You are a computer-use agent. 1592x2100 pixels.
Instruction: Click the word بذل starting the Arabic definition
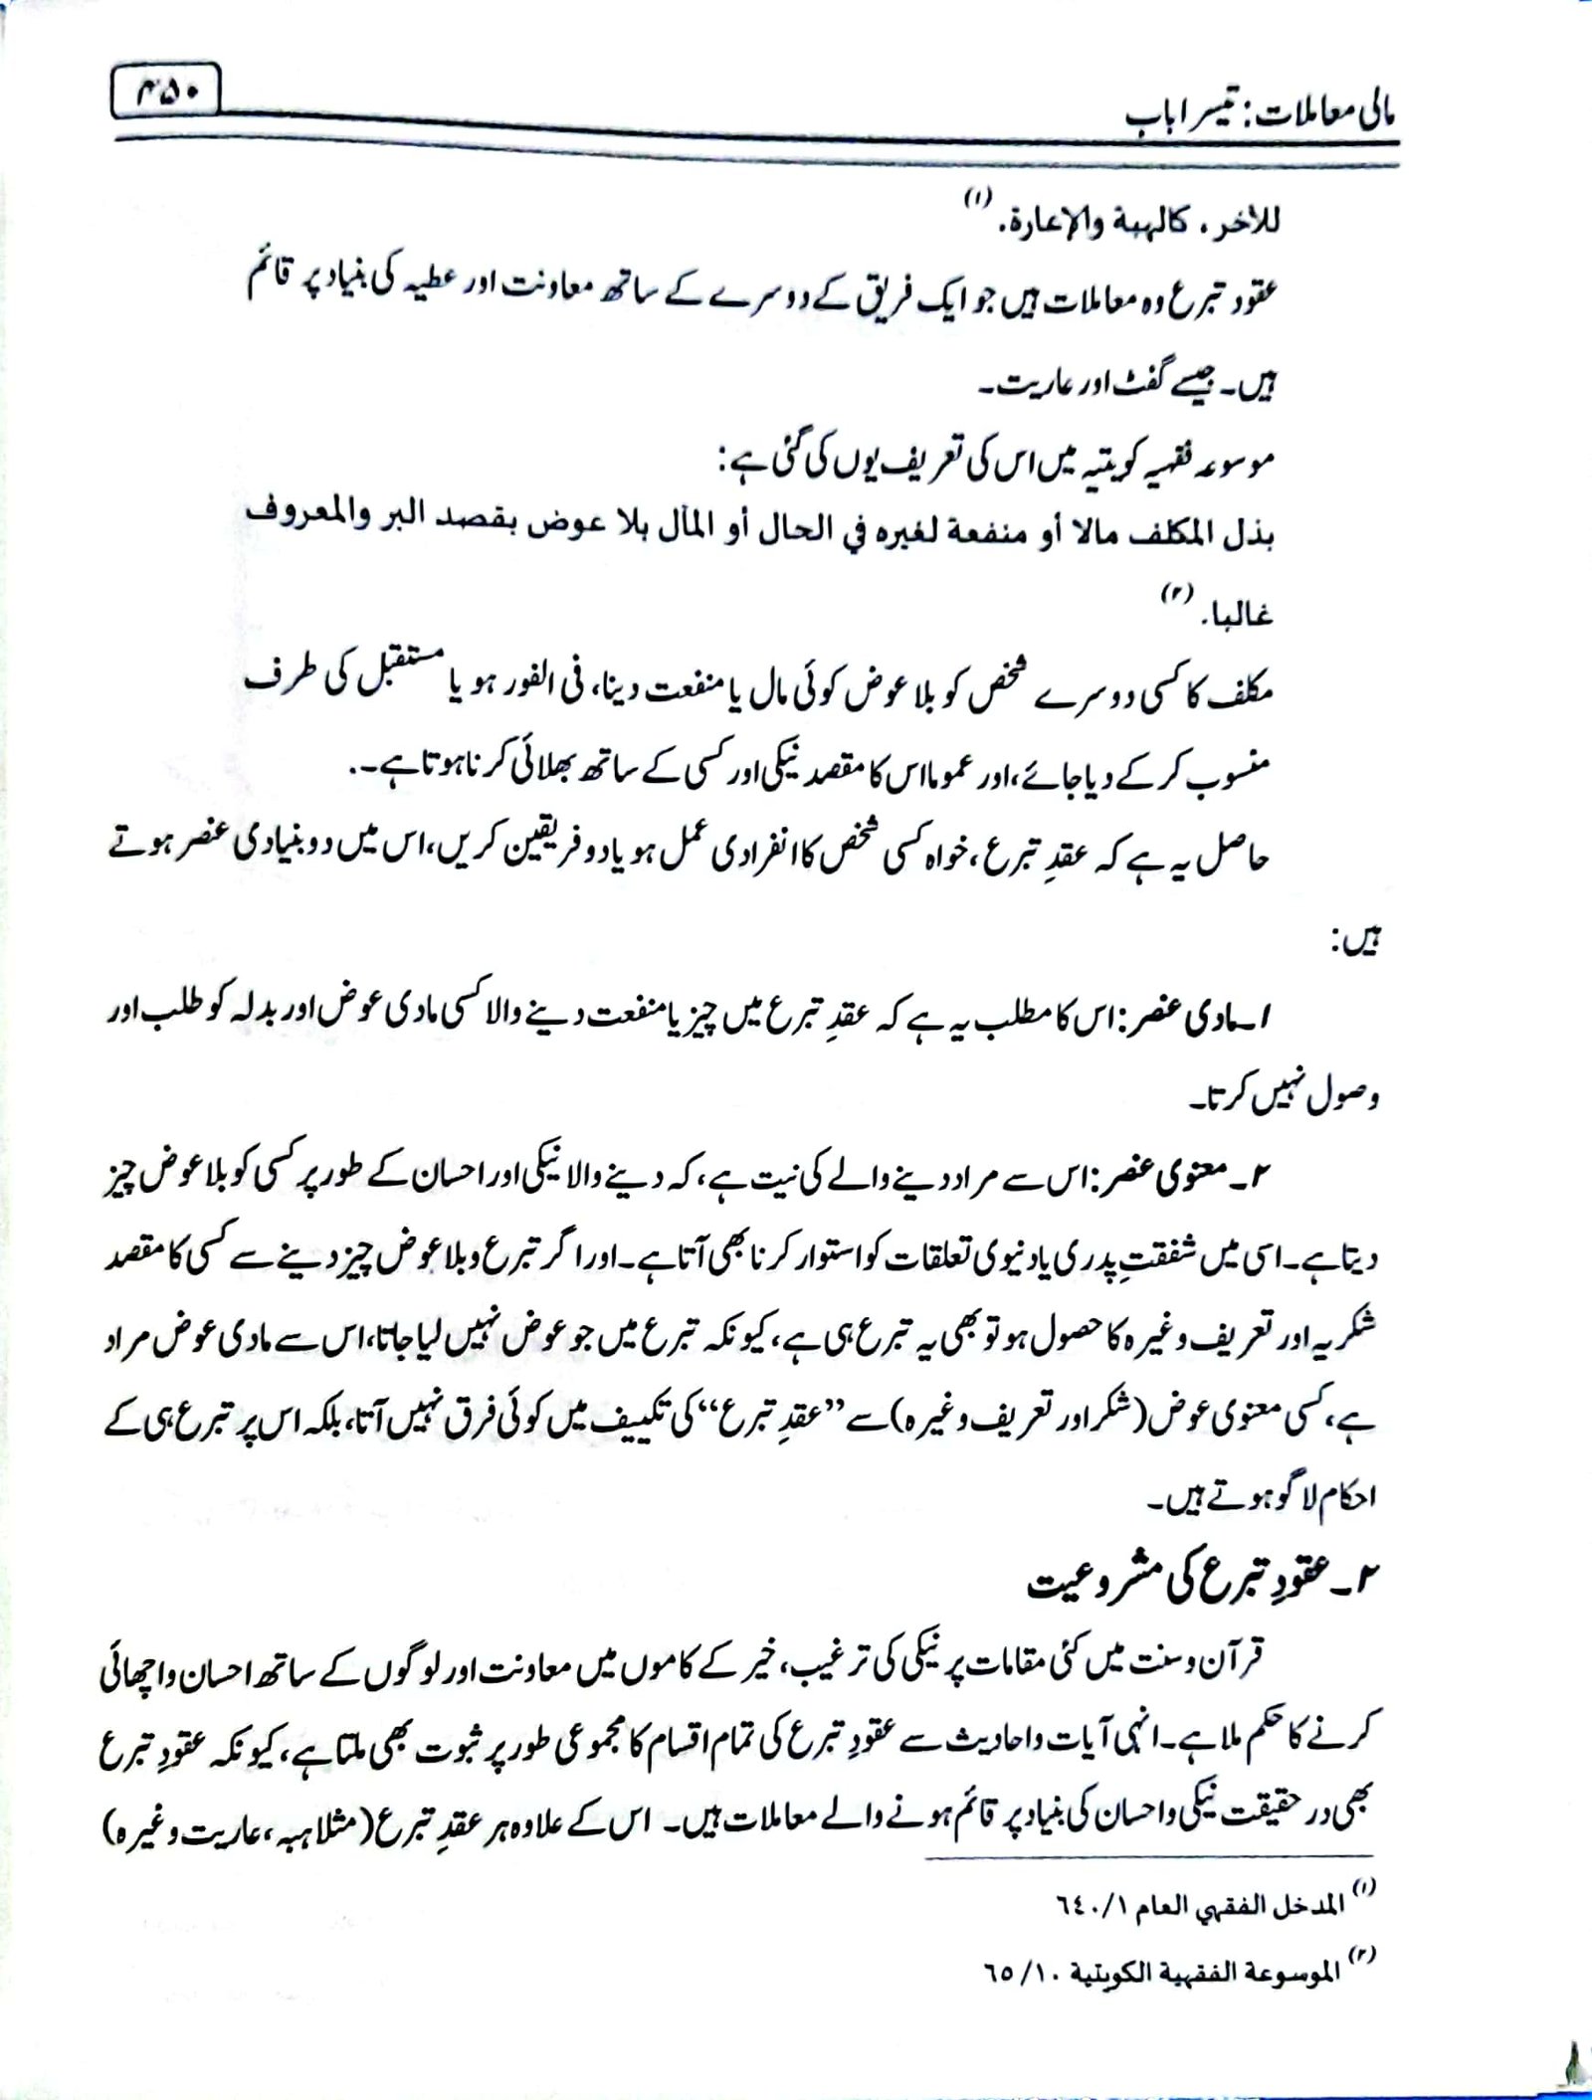[x=1250, y=538]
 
